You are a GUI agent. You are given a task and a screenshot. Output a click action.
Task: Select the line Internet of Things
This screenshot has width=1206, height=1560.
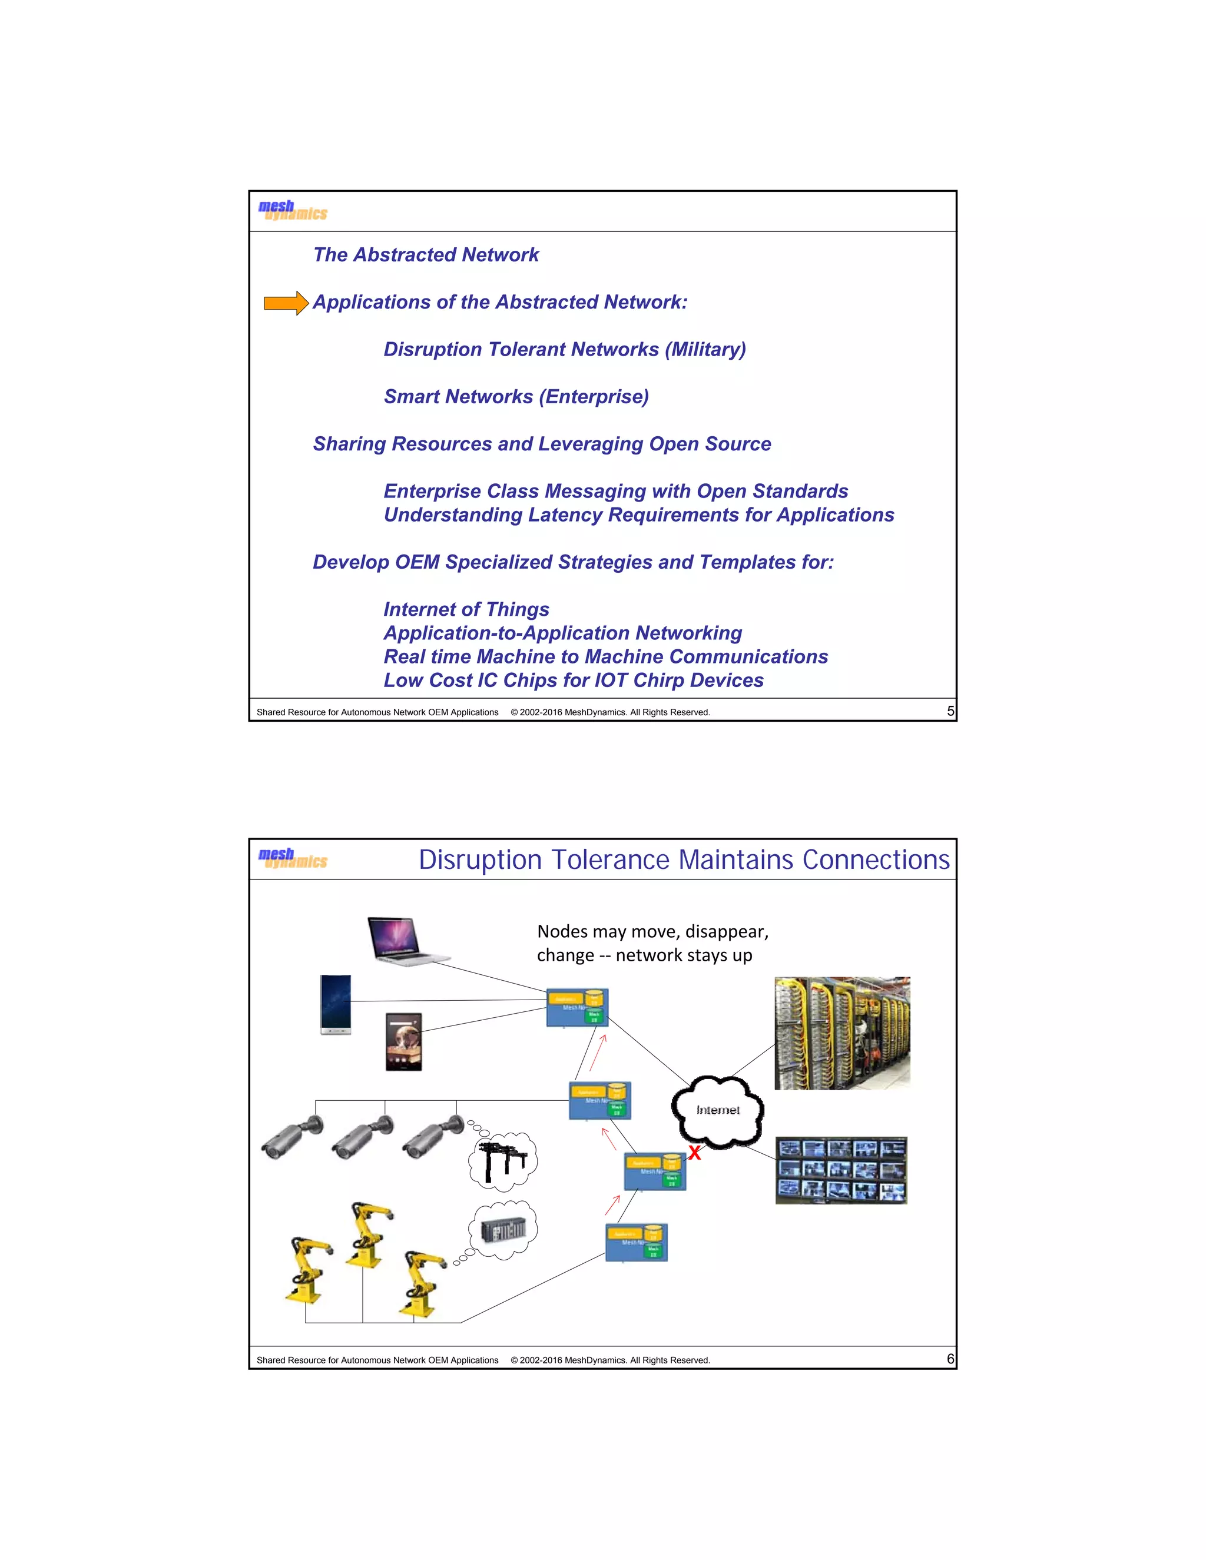(x=466, y=609)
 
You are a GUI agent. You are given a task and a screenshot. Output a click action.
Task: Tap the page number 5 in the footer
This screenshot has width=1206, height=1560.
(x=949, y=711)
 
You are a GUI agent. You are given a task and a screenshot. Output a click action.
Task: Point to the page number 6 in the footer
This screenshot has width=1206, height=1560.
(x=949, y=1359)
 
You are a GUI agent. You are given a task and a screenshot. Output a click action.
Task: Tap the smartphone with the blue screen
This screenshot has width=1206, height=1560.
(x=336, y=1004)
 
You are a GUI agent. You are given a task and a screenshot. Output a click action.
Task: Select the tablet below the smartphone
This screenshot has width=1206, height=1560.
(x=403, y=1041)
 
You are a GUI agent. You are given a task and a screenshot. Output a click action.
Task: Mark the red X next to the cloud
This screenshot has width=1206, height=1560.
(x=694, y=1152)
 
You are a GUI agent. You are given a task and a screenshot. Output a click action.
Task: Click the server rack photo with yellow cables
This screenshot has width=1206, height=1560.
(x=841, y=1033)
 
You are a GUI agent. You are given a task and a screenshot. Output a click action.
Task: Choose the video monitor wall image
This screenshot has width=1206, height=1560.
(x=841, y=1170)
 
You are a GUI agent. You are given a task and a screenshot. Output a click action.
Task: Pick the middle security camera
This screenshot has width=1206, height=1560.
(x=362, y=1136)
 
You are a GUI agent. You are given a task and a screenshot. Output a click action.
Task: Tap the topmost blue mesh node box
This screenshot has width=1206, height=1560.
(x=577, y=1008)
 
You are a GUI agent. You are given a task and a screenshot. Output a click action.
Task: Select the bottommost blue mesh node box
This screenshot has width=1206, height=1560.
(x=636, y=1242)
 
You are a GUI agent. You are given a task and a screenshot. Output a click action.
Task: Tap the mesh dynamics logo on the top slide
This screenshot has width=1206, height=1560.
(x=292, y=210)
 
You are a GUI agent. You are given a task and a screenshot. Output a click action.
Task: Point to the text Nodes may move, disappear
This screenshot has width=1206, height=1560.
(x=652, y=931)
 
